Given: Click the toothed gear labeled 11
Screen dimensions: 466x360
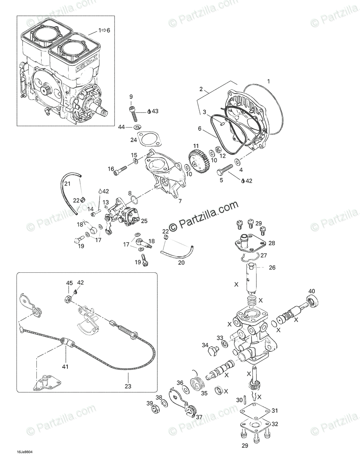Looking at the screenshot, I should (198, 161).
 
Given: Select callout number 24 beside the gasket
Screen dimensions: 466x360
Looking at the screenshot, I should (134, 140).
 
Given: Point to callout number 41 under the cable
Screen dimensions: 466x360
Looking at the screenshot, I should (65, 367).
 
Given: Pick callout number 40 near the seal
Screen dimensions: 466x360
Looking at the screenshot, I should (312, 291).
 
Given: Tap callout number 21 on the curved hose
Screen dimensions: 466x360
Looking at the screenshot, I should (67, 184).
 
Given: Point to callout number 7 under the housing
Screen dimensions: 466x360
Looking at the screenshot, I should (180, 201).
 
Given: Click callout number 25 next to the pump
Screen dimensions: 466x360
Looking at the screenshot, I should (144, 221).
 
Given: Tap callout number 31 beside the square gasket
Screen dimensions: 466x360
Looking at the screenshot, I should (274, 411).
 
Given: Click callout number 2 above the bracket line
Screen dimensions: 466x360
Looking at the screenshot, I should (200, 89).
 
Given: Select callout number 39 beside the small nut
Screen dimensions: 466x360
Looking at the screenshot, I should (149, 404).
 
